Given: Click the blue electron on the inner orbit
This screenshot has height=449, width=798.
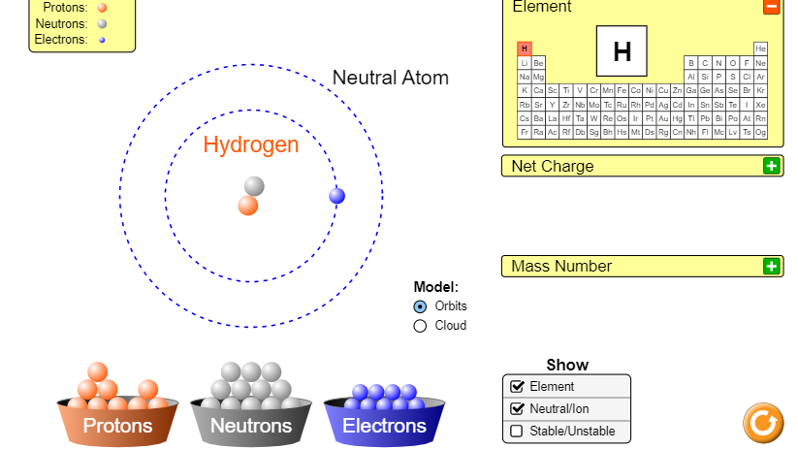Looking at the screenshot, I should tap(336, 196).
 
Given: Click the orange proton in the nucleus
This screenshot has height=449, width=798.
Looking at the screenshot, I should tap(248, 206).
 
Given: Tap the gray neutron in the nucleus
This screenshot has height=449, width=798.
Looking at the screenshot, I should tap(254, 186).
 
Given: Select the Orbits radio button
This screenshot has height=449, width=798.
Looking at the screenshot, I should tap(420, 306).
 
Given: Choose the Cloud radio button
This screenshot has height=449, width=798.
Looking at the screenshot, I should tap(420, 326).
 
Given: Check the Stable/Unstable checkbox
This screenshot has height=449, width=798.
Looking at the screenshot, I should tap(517, 431).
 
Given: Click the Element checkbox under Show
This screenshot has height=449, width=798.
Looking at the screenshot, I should tap(517, 387).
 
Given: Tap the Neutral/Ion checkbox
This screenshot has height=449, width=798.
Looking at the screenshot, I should tap(517, 408).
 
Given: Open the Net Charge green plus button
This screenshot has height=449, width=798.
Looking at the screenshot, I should tap(772, 166).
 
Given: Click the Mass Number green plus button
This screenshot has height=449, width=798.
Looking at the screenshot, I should tap(772, 266).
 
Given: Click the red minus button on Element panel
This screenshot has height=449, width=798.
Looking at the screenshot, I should tap(772, 7).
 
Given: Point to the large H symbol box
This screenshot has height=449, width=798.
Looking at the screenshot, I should tap(622, 51).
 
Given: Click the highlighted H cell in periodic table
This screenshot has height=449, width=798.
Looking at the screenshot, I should tap(525, 48).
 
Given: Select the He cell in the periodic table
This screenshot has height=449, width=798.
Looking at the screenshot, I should tap(760, 48).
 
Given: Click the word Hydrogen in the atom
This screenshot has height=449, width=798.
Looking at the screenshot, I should tap(251, 145).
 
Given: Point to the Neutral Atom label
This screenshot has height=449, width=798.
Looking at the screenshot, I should tap(391, 78).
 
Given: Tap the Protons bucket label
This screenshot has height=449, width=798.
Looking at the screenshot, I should tap(117, 426).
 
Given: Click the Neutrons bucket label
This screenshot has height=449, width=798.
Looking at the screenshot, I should tap(251, 426).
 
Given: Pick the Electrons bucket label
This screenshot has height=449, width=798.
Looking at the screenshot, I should tap(384, 426).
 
